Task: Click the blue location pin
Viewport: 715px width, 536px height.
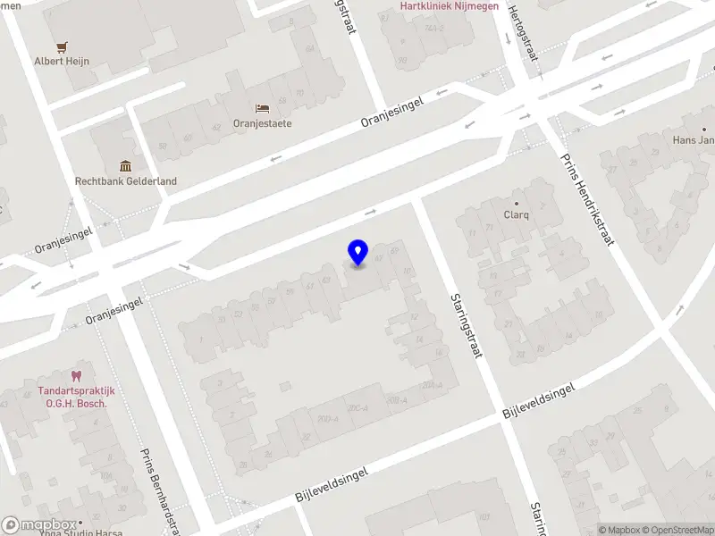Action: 357,252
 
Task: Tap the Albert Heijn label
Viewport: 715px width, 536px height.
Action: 62,62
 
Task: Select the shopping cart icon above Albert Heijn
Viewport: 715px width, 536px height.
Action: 62,46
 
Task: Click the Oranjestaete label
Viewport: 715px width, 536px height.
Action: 263,123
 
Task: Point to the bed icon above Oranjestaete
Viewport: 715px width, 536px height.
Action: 263,108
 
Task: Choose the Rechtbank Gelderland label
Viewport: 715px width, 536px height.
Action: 125,181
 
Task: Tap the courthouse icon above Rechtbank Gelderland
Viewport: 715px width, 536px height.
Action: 125,166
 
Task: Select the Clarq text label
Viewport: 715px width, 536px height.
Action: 517,215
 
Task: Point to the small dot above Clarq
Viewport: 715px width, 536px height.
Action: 517,203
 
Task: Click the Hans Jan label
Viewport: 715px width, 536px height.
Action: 694,141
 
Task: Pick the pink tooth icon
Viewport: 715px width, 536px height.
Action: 76,377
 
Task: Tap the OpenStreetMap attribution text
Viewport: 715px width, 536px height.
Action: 677,530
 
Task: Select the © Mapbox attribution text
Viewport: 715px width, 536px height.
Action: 617,530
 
